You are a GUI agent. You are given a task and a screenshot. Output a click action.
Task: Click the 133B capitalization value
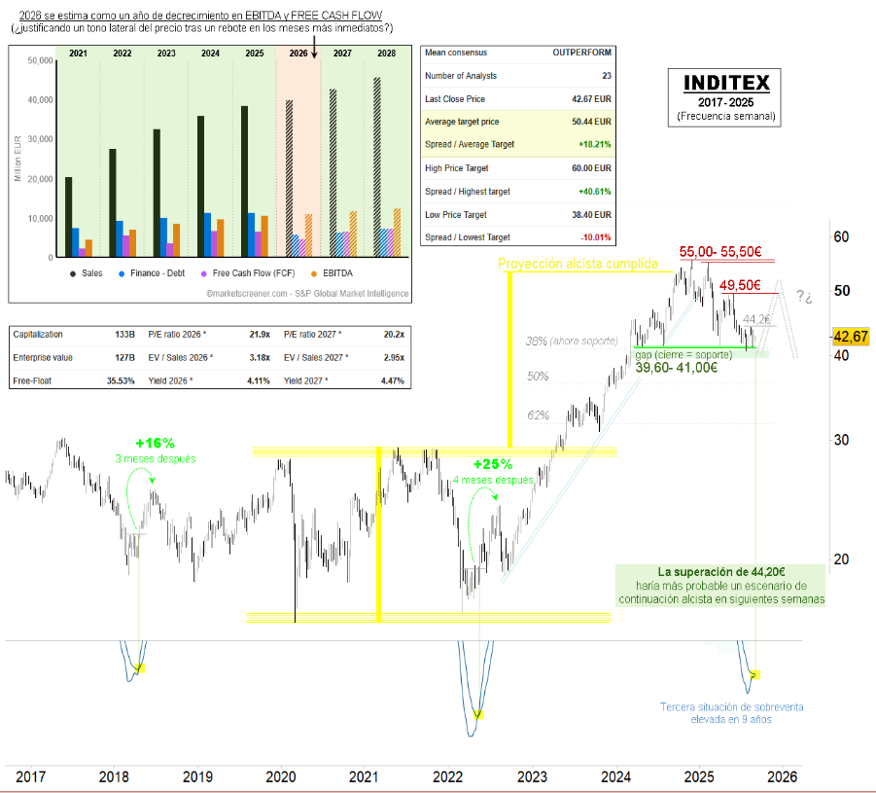[x=124, y=334]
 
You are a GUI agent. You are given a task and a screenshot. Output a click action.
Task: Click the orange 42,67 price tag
[x=852, y=337]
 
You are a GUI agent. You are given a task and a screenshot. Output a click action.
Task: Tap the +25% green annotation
[x=492, y=464]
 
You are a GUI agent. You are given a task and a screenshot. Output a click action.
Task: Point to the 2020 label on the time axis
[x=280, y=776]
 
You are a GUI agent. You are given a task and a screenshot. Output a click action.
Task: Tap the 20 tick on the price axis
[x=841, y=559]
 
